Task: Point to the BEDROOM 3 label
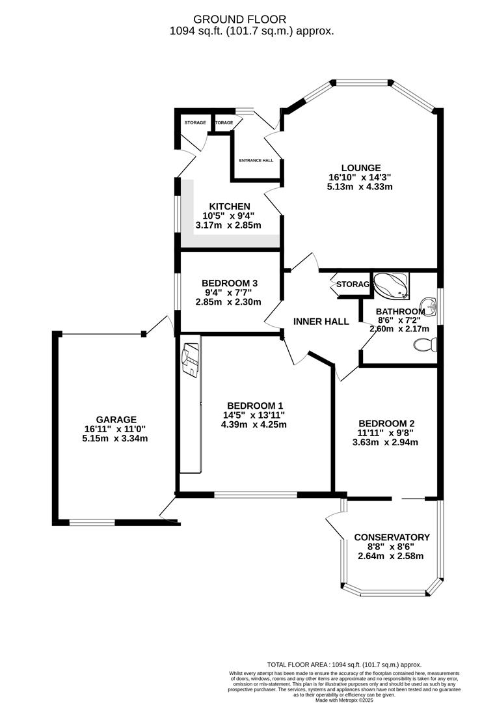(x=230, y=283)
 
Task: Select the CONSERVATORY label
(x=392, y=537)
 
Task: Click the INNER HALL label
(x=321, y=322)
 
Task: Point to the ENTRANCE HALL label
(x=256, y=160)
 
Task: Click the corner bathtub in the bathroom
(x=391, y=284)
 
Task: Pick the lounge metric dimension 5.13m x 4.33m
(x=360, y=186)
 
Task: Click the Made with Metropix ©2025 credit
(x=344, y=700)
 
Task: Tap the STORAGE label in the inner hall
(x=352, y=284)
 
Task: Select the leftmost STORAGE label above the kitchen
(x=194, y=123)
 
